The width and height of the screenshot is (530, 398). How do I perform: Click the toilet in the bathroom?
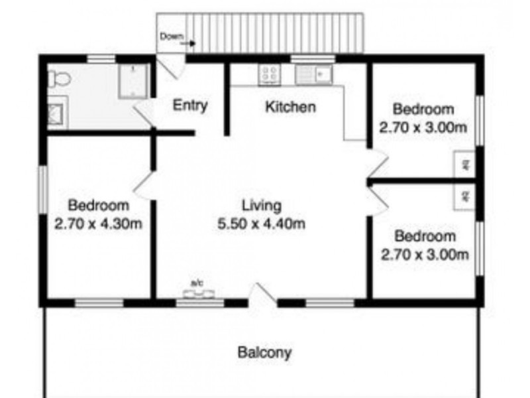(x=59, y=79)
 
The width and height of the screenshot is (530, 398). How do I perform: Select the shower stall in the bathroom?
(x=133, y=81)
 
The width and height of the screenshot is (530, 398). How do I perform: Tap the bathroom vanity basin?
(x=56, y=112)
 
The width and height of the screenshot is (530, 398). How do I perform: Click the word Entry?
(x=190, y=105)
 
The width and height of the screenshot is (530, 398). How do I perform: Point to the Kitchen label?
(x=290, y=107)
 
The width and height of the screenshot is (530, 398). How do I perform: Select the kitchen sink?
(x=314, y=74)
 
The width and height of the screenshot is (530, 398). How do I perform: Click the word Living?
(x=261, y=205)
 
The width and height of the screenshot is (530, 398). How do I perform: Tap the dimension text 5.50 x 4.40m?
(x=261, y=224)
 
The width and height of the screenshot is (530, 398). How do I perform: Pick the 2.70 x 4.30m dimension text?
(x=99, y=224)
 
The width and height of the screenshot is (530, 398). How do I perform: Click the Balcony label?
(x=264, y=352)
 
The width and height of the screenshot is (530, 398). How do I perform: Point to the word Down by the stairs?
(x=170, y=36)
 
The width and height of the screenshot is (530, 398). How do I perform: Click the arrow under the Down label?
(x=189, y=44)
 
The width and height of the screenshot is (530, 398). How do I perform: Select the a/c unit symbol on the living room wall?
(x=197, y=293)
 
